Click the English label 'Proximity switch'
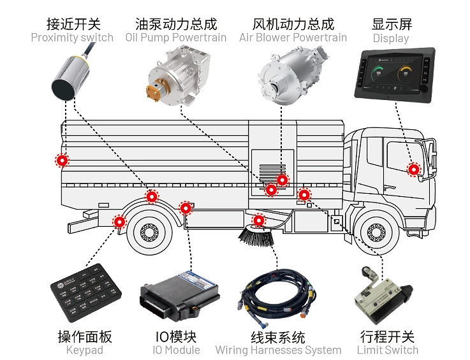tap(72, 38)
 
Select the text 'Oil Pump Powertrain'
tap(175, 38)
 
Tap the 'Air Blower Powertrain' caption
tap(293, 38)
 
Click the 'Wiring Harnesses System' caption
tap(278, 350)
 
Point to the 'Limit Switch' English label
tap(388, 350)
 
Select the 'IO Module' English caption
tap(176, 350)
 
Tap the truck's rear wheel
tap(148, 233)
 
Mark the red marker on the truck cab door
tap(414, 169)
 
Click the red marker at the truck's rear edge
tap(62, 161)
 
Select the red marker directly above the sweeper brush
tap(258, 220)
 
